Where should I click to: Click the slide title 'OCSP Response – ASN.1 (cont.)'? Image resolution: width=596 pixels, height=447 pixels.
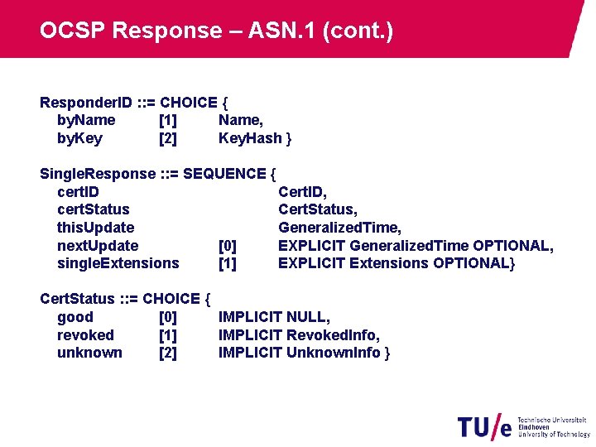216,31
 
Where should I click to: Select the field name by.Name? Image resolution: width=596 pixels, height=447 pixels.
86,120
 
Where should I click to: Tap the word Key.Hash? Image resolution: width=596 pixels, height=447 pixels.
250,138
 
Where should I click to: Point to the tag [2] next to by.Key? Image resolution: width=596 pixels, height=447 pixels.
167,138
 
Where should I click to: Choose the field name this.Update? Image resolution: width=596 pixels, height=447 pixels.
95,228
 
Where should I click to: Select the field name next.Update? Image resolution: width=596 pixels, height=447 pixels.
98,246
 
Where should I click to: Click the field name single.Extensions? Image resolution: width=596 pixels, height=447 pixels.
118,263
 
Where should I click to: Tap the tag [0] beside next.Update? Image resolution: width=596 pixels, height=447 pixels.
227,246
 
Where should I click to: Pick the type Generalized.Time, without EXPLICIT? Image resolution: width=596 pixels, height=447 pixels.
339,228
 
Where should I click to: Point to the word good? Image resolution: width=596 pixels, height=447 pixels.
75,317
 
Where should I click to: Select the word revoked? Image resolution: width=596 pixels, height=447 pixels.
85,335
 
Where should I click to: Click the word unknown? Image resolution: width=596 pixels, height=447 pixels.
89,353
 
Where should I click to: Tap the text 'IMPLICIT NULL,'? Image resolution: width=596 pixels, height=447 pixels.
274,317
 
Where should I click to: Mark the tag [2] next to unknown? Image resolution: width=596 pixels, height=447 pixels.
167,353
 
